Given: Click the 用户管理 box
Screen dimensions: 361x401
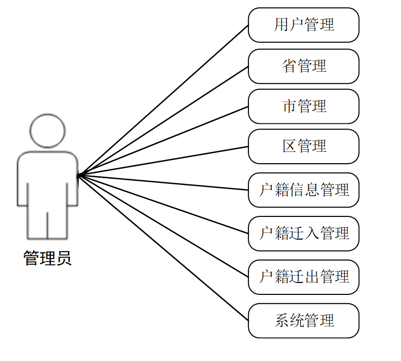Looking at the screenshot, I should pyautogui.click(x=304, y=25).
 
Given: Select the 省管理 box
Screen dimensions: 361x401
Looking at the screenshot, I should pyautogui.click(x=304, y=66).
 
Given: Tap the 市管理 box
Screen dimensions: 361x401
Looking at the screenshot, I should pyautogui.click(x=304, y=106).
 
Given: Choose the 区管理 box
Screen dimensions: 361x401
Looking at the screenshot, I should pyautogui.click(x=304, y=146).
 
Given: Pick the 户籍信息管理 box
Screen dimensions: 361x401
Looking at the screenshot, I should pyautogui.click(x=304, y=190).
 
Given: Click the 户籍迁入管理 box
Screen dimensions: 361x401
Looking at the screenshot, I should pyautogui.click(x=304, y=233).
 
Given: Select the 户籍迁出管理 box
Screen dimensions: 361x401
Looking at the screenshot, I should pyautogui.click(x=304, y=277).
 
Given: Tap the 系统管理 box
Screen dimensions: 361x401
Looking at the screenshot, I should pyautogui.click(x=304, y=321).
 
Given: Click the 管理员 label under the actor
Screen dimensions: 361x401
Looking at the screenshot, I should pyautogui.click(x=48, y=258).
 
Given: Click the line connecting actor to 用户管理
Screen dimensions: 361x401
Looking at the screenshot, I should pyautogui.click(x=163, y=100).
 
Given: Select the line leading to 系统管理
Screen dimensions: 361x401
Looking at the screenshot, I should pyautogui.click(x=163, y=248).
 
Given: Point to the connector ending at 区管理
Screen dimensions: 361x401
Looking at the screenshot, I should pyautogui.click(x=163, y=161).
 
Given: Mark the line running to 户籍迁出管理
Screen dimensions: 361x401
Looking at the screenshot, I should pyautogui.click(x=163, y=226).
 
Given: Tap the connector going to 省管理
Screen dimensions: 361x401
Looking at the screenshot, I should pyautogui.click(x=163, y=121).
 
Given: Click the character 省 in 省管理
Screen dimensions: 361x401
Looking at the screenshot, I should pyautogui.click(x=289, y=66).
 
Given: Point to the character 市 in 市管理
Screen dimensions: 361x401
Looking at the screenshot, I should pyautogui.click(x=289, y=106).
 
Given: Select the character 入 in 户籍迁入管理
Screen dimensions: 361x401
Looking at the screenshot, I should pyautogui.click(x=312, y=233).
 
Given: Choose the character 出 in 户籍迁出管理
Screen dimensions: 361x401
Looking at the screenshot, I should pyautogui.click(x=312, y=277).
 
